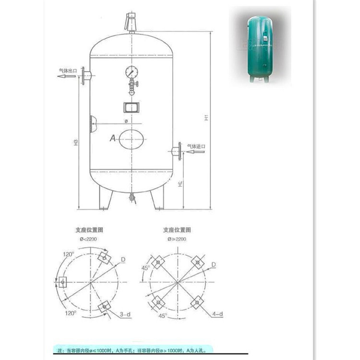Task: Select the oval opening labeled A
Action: pos(131,139)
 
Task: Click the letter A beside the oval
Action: pos(113,138)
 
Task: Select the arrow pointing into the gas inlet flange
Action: pos(194,152)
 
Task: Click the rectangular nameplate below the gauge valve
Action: pos(131,106)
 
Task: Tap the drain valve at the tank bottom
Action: pos(131,197)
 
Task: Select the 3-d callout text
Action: pos(125,314)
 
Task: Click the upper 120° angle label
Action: pos(68,253)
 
